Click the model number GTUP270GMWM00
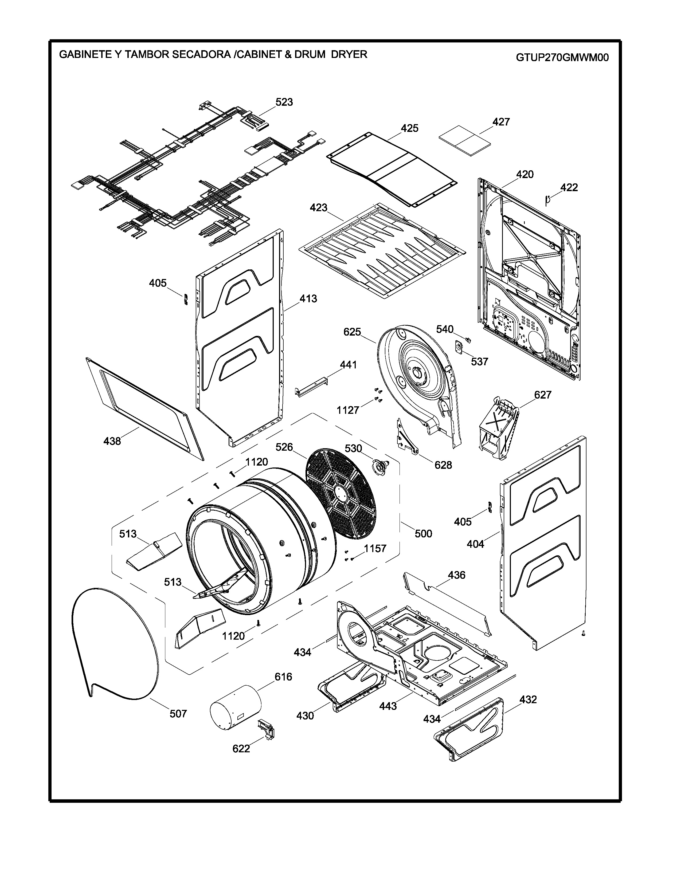point(562,58)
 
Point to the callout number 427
point(501,122)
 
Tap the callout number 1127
point(348,410)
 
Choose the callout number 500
point(423,534)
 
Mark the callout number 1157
point(375,549)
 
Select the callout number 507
point(178,714)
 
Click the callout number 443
point(388,706)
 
